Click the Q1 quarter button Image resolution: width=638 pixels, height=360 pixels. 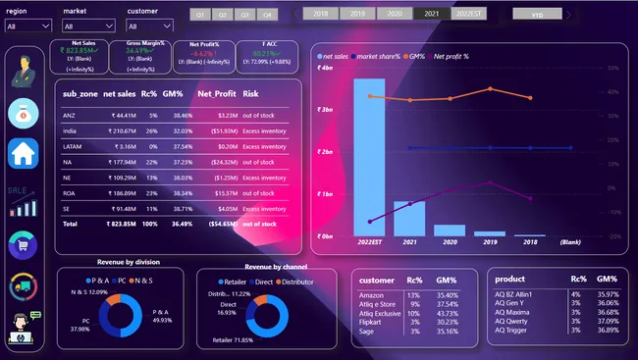(200, 16)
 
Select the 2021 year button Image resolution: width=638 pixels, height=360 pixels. (428, 15)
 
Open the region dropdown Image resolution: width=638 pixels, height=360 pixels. (28, 26)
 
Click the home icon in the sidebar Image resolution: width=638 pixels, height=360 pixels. (24, 152)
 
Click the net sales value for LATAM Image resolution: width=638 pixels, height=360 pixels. (123, 145)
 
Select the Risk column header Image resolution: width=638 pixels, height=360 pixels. (251, 94)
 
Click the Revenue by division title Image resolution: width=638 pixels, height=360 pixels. (128, 262)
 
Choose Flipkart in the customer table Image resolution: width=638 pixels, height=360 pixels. (372, 321)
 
